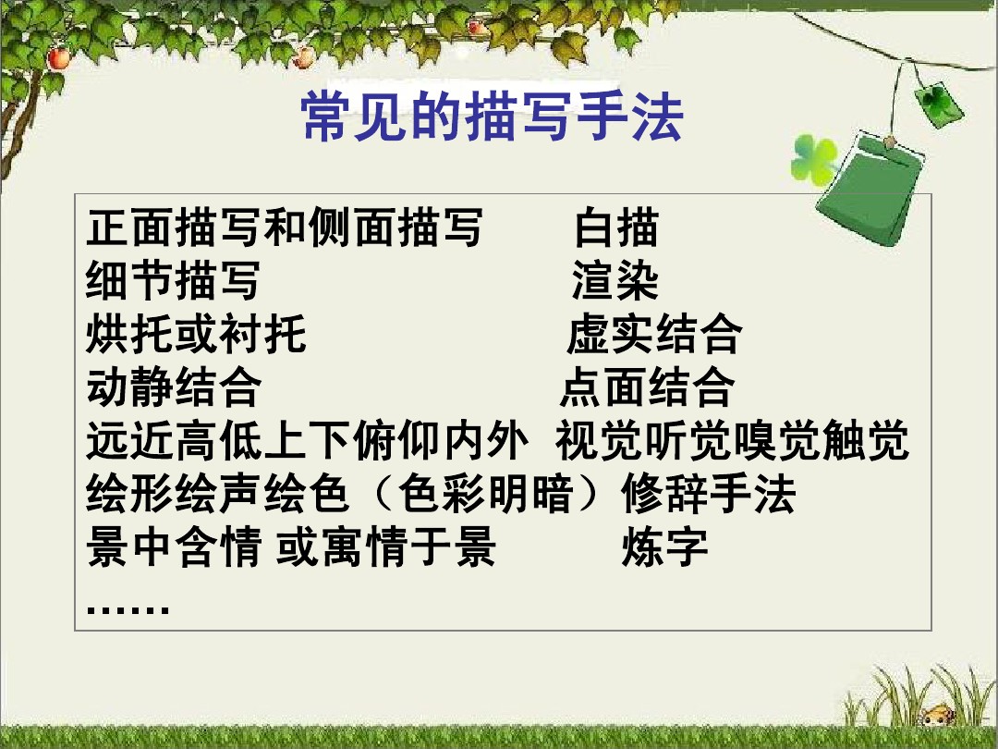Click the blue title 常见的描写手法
[x=492, y=116]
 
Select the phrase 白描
[x=616, y=227]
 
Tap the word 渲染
[x=615, y=280]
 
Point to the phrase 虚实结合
[x=653, y=333]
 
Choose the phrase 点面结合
[x=647, y=386]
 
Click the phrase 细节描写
[x=173, y=280]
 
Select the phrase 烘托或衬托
[x=196, y=333]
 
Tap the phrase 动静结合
[x=174, y=386]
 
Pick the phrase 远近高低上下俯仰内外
[x=308, y=439]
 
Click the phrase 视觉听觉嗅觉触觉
[x=732, y=439]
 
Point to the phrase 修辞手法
[x=709, y=493]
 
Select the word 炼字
[x=664, y=546]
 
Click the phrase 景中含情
[x=174, y=546]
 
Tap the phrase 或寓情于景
[x=385, y=546]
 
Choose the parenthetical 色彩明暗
[x=486, y=493]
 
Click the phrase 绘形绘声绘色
[x=218, y=493]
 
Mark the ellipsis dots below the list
[x=128, y=609]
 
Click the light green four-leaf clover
[x=814, y=159]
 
